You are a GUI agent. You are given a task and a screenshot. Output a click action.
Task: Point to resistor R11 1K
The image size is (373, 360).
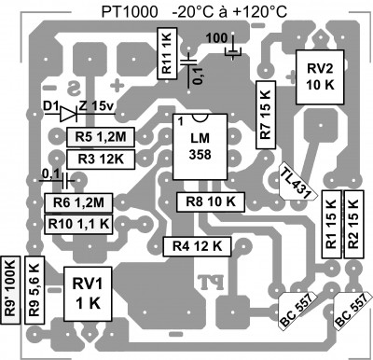166,52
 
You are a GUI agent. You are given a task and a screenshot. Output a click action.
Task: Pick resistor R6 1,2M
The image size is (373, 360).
78,202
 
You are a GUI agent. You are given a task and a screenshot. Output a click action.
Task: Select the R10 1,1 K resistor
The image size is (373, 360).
78,224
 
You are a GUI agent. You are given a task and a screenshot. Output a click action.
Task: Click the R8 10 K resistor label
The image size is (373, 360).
211,201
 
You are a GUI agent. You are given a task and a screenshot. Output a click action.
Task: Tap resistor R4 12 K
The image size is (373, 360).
197,246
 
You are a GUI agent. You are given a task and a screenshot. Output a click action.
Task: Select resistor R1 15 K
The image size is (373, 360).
330,223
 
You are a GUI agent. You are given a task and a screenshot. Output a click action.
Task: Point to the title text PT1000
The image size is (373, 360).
129,11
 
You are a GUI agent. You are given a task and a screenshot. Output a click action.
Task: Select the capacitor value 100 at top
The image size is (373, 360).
215,37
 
